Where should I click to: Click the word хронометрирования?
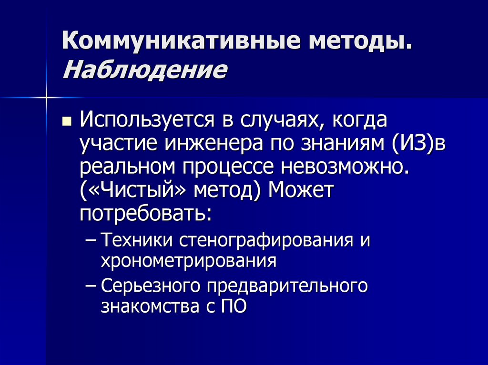pos(189,261)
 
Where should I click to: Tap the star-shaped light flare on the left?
pos(47,98)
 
